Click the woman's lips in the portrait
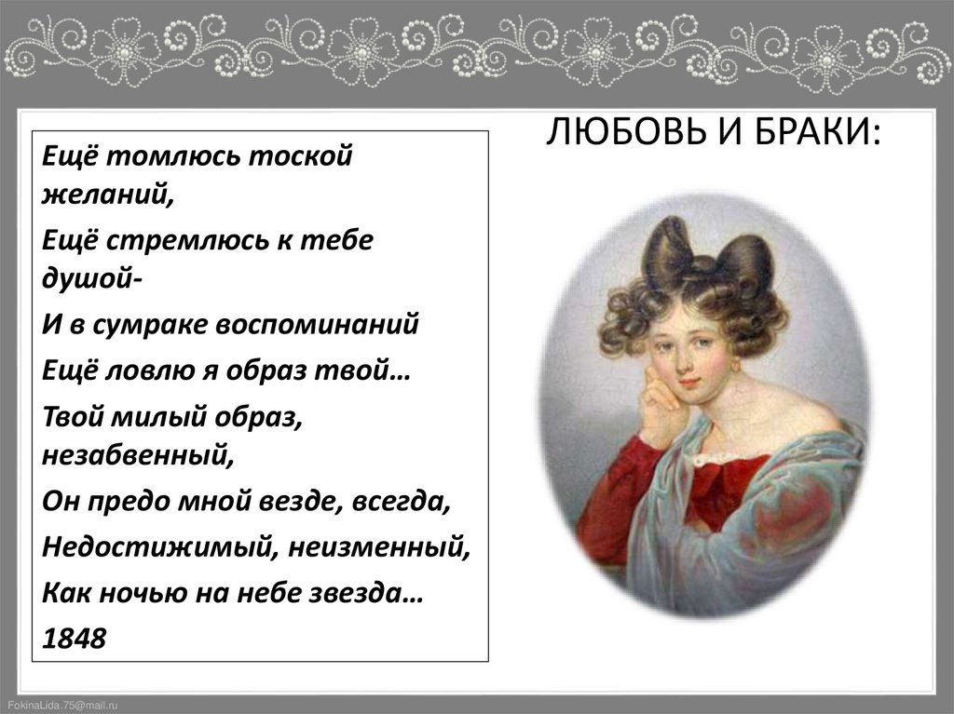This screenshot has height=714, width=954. point(688,383)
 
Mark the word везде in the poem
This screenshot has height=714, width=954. point(311,504)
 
